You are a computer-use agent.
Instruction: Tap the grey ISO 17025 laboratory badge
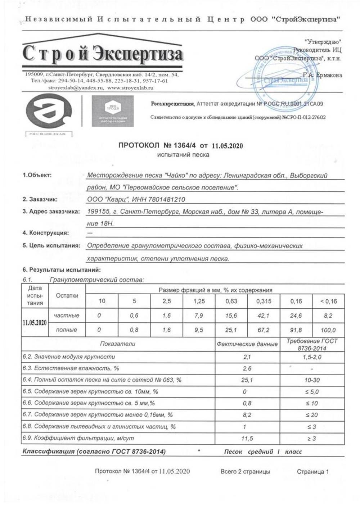(113, 111)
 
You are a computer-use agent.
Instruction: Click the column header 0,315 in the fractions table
(264, 301)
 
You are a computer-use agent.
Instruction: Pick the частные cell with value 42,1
(264, 316)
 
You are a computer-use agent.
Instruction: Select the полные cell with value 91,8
(296, 330)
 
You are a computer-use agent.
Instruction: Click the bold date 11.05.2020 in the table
(35, 322)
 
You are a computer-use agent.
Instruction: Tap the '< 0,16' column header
(328, 301)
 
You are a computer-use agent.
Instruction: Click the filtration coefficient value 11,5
(247, 439)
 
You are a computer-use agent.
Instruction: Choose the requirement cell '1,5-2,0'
(312, 357)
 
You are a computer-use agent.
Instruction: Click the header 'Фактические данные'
(247, 344)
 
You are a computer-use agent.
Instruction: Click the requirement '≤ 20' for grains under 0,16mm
(312, 415)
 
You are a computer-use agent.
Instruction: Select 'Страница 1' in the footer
(312, 472)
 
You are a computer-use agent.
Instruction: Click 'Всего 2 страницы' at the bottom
(245, 472)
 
